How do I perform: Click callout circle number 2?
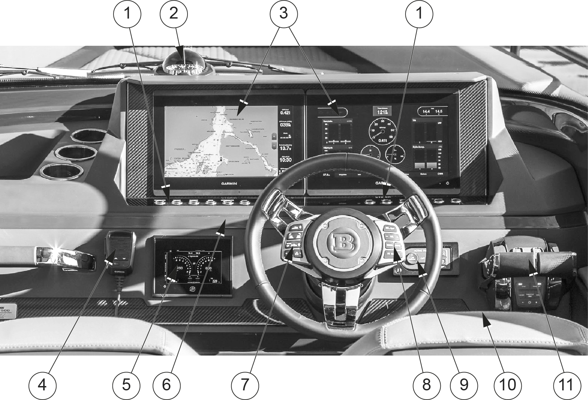pyautogui.click(x=174, y=14)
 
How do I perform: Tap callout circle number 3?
pyautogui.click(x=283, y=14)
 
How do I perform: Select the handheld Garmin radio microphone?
pyautogui.click(x=120, y=251)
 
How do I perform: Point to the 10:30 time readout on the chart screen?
pyautogui.click(x=285, y=160)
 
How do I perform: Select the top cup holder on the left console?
pyautogui.click(x=89, y=136)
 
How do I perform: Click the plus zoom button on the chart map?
pyautogui.click(x=274, y=136)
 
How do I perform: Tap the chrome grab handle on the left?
pyautogui.click(x=65, y=257)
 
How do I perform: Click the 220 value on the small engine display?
pyautogui.click(x=214, y=281)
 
